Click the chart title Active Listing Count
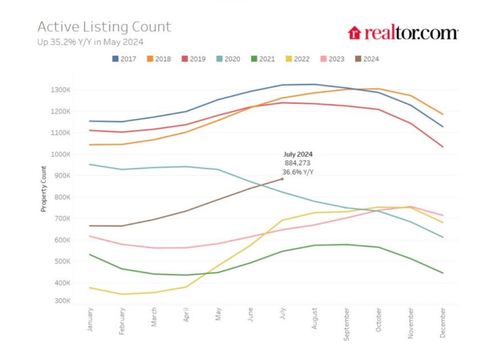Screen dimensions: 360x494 104,27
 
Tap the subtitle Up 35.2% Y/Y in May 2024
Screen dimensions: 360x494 90,42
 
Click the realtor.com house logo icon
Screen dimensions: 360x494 355,33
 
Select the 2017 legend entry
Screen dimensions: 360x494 124,59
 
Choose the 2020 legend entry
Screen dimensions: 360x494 228,59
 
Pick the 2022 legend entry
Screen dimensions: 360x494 297,59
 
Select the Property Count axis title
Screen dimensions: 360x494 44,189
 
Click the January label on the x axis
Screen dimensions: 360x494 90,320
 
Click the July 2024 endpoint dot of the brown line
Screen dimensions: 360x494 282,179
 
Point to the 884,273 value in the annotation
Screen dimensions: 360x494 298,163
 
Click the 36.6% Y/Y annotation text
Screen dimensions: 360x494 298,172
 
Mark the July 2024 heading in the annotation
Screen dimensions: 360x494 298,155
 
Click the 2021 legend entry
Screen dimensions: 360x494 262,59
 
